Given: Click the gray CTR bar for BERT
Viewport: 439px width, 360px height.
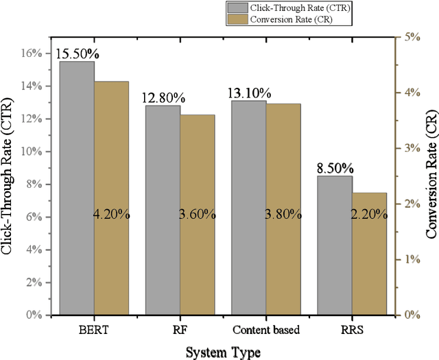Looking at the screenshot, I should pos(77,188).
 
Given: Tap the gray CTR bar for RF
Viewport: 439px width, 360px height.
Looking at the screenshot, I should pos(163,210).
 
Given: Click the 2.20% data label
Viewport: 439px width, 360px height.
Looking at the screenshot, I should pos(369,195).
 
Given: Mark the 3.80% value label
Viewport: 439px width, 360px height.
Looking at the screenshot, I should pos(283,195).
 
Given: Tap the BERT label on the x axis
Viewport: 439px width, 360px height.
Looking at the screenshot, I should pos(93,330).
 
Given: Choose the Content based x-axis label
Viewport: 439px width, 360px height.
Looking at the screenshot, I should pos(266,330).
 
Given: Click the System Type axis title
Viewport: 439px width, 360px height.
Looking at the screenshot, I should pos(224,351).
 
